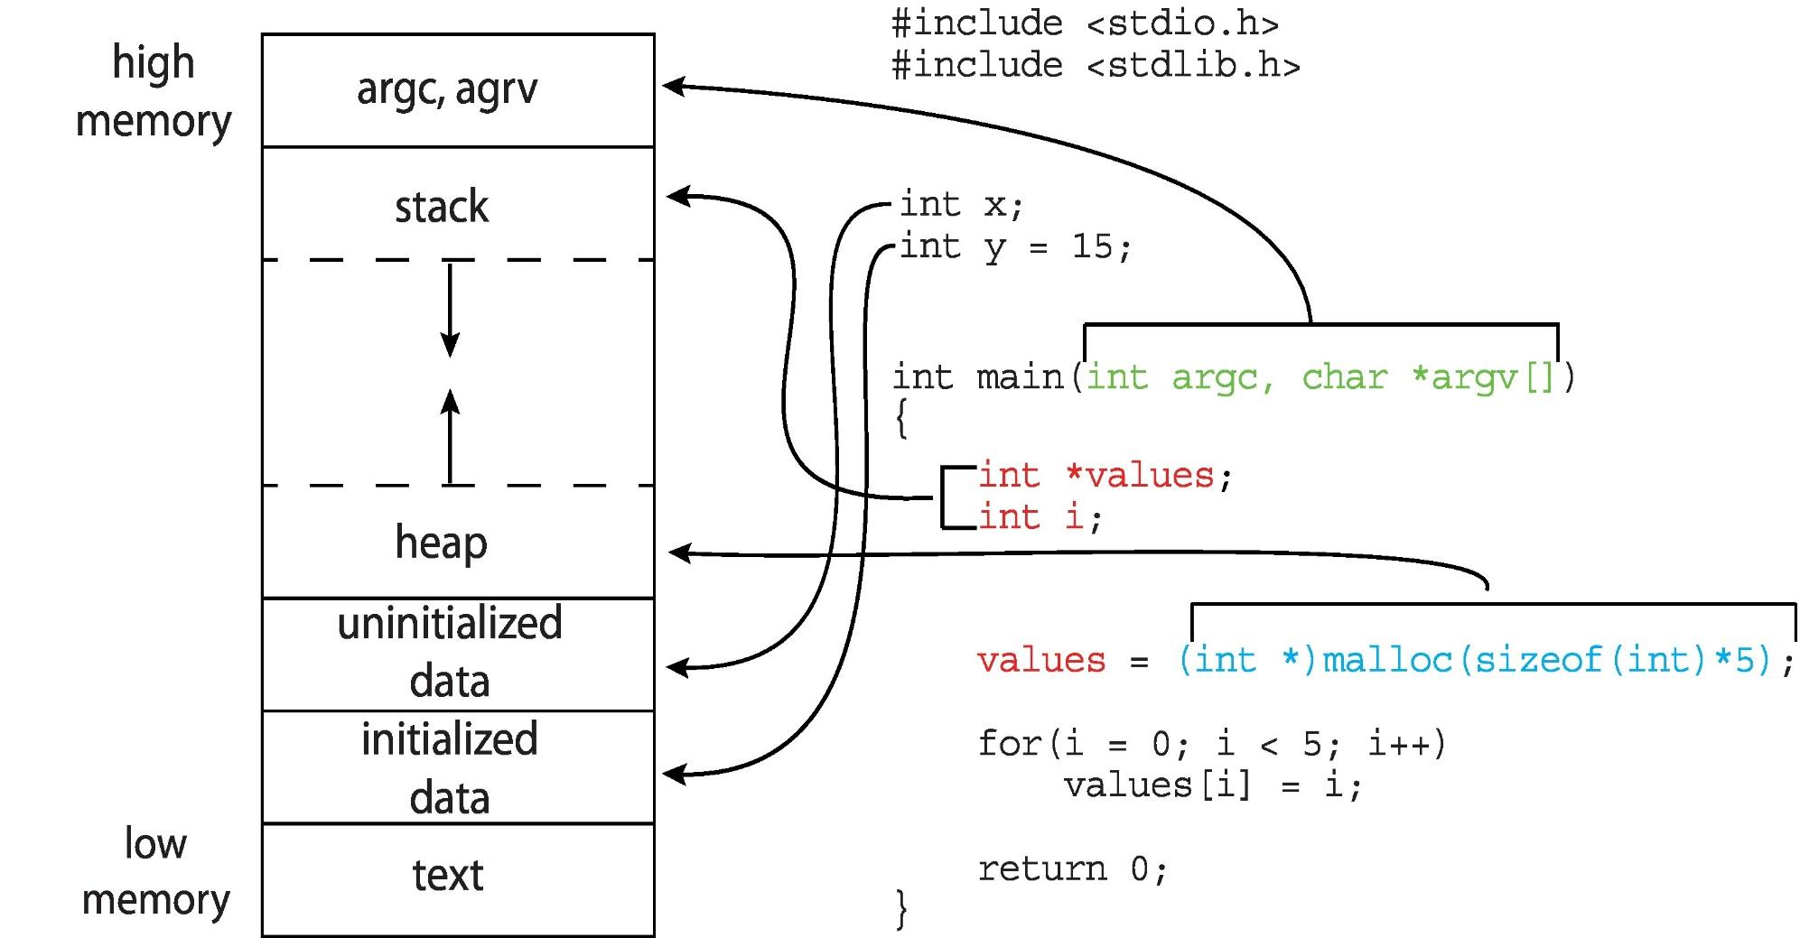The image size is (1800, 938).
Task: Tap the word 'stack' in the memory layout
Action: (442, 208)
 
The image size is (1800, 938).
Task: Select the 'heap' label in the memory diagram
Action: (441, 543)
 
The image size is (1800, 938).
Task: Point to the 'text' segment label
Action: (448, 875)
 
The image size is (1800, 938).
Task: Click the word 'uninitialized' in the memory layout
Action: (450, 624)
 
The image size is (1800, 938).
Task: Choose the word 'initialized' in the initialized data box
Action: (450, 739)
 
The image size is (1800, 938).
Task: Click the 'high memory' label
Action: (154, 91)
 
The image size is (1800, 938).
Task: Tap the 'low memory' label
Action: (155, 871)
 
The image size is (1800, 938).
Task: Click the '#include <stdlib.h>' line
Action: (1095, 66)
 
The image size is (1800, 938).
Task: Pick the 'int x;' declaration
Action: (961, 205)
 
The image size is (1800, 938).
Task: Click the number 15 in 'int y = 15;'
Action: (1092, 246)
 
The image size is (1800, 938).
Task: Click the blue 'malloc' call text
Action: (1386, 660)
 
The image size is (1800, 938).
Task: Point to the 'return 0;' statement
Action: (1072, 869)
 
